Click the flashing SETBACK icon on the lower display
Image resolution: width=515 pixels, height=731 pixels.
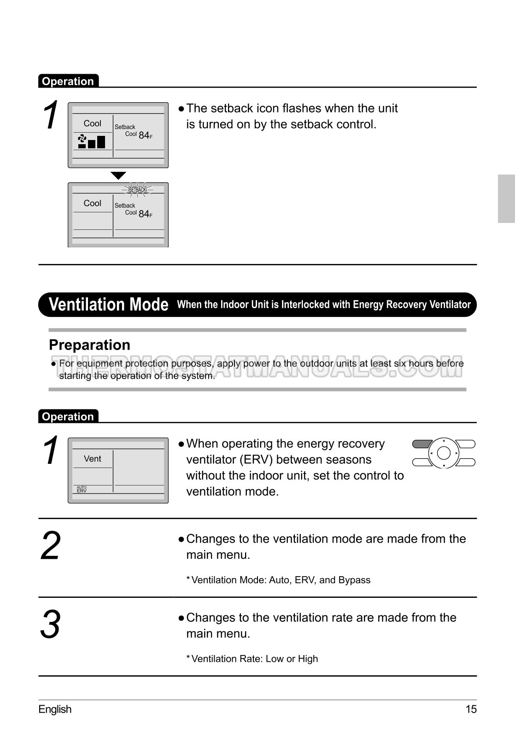click(x=137, y=190)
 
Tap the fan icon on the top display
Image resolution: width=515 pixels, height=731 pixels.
click(x=82, y=139)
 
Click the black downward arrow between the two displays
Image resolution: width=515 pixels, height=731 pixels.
click(x=118, y=175)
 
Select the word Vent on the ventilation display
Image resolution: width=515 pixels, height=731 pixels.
click(x=92, y=459)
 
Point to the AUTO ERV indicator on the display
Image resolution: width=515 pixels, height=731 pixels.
click(x=82, y=490)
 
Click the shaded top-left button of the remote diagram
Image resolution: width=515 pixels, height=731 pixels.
click(x=421, y=444)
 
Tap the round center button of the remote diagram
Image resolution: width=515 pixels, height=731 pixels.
click(x=444, y=453)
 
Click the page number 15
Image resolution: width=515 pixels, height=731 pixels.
click(x=471, y=709)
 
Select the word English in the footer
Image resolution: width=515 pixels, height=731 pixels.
click(x=55, y=709)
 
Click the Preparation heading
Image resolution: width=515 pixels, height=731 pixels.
click(x=89, y=345)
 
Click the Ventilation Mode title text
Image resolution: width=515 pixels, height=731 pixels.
click(x=109, y=304)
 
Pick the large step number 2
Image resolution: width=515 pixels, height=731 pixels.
click(x=50, y=546)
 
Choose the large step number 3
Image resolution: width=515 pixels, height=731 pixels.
click(x=50, y=625)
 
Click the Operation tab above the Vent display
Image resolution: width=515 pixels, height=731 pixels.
click(x=68, y=416)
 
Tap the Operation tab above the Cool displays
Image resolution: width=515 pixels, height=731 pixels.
click(x=68, y=81)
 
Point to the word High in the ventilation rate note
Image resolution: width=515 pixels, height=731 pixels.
click(x=308, y=659)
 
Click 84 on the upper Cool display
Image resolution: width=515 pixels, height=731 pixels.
click(x=144, y=135)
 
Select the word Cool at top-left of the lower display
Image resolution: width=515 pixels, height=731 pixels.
click(x=92, y=203)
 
